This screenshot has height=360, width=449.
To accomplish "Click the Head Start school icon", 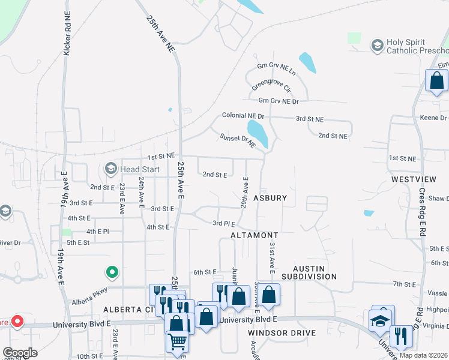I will click(x=111, y=169).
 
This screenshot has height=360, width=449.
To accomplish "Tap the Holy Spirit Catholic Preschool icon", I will click(x=377, y=46).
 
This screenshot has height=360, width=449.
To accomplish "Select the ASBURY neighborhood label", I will click(x=270, y=197).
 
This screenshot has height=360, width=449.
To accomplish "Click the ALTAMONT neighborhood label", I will click(x=254, y=235).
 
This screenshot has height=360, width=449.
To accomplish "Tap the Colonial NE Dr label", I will click(x=243, y=115).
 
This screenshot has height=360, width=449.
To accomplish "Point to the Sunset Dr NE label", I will click(x=237, y=141).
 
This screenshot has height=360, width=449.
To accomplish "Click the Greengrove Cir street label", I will click(x=271, y=88).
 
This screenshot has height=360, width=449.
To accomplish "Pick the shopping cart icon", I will click(x=177, y=342).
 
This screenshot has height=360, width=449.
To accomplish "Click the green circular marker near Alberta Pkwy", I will click(x=112, y=273).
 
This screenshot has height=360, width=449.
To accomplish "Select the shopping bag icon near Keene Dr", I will click(x=436, y=80).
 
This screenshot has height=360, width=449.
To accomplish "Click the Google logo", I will click(x=20, y=352).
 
